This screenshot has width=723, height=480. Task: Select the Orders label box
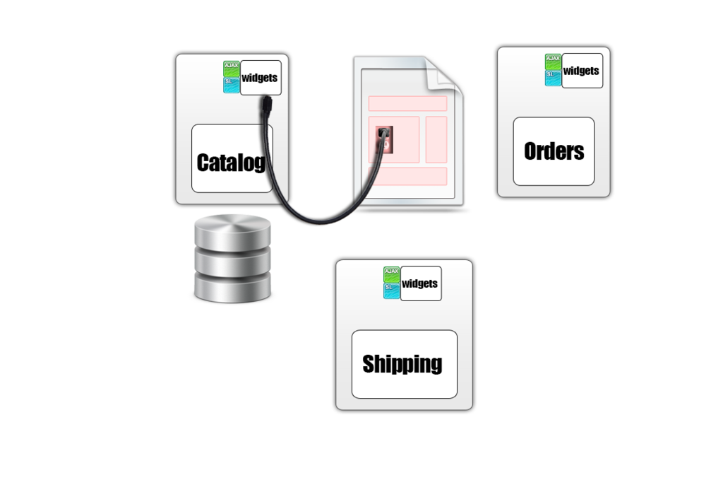click(x=554, y=151)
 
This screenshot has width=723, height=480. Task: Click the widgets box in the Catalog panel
click(x=261, y=78)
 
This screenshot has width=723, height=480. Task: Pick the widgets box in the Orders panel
click(x=582, y=71)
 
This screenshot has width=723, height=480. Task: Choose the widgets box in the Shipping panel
click(x=420, y=283)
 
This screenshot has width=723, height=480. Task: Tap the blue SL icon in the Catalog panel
click(x=232, y=86)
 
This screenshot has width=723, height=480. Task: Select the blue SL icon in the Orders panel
click(x=553, y=78)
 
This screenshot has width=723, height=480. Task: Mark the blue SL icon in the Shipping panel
click(x=392, y=291)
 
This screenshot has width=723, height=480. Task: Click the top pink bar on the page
click(x=407, y=103)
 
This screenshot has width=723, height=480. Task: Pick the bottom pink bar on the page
click(x=407, y=176)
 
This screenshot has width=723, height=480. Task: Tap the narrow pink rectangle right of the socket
click(x=436, y=139)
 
